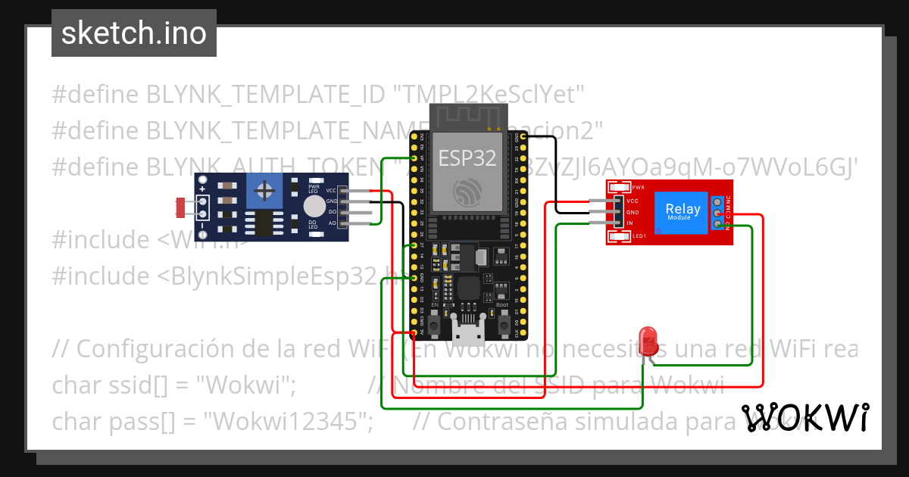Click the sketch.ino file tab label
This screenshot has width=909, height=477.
134,33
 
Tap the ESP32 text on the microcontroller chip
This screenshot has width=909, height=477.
467,157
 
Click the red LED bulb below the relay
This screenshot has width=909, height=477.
648,338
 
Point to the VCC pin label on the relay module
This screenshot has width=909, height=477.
633,201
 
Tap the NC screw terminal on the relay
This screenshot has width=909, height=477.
717,201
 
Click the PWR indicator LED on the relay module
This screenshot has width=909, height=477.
619,187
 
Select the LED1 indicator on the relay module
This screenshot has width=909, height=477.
619,238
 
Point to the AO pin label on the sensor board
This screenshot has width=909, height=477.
331,223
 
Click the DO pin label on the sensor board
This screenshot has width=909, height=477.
331,213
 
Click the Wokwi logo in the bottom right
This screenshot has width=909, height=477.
804,417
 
